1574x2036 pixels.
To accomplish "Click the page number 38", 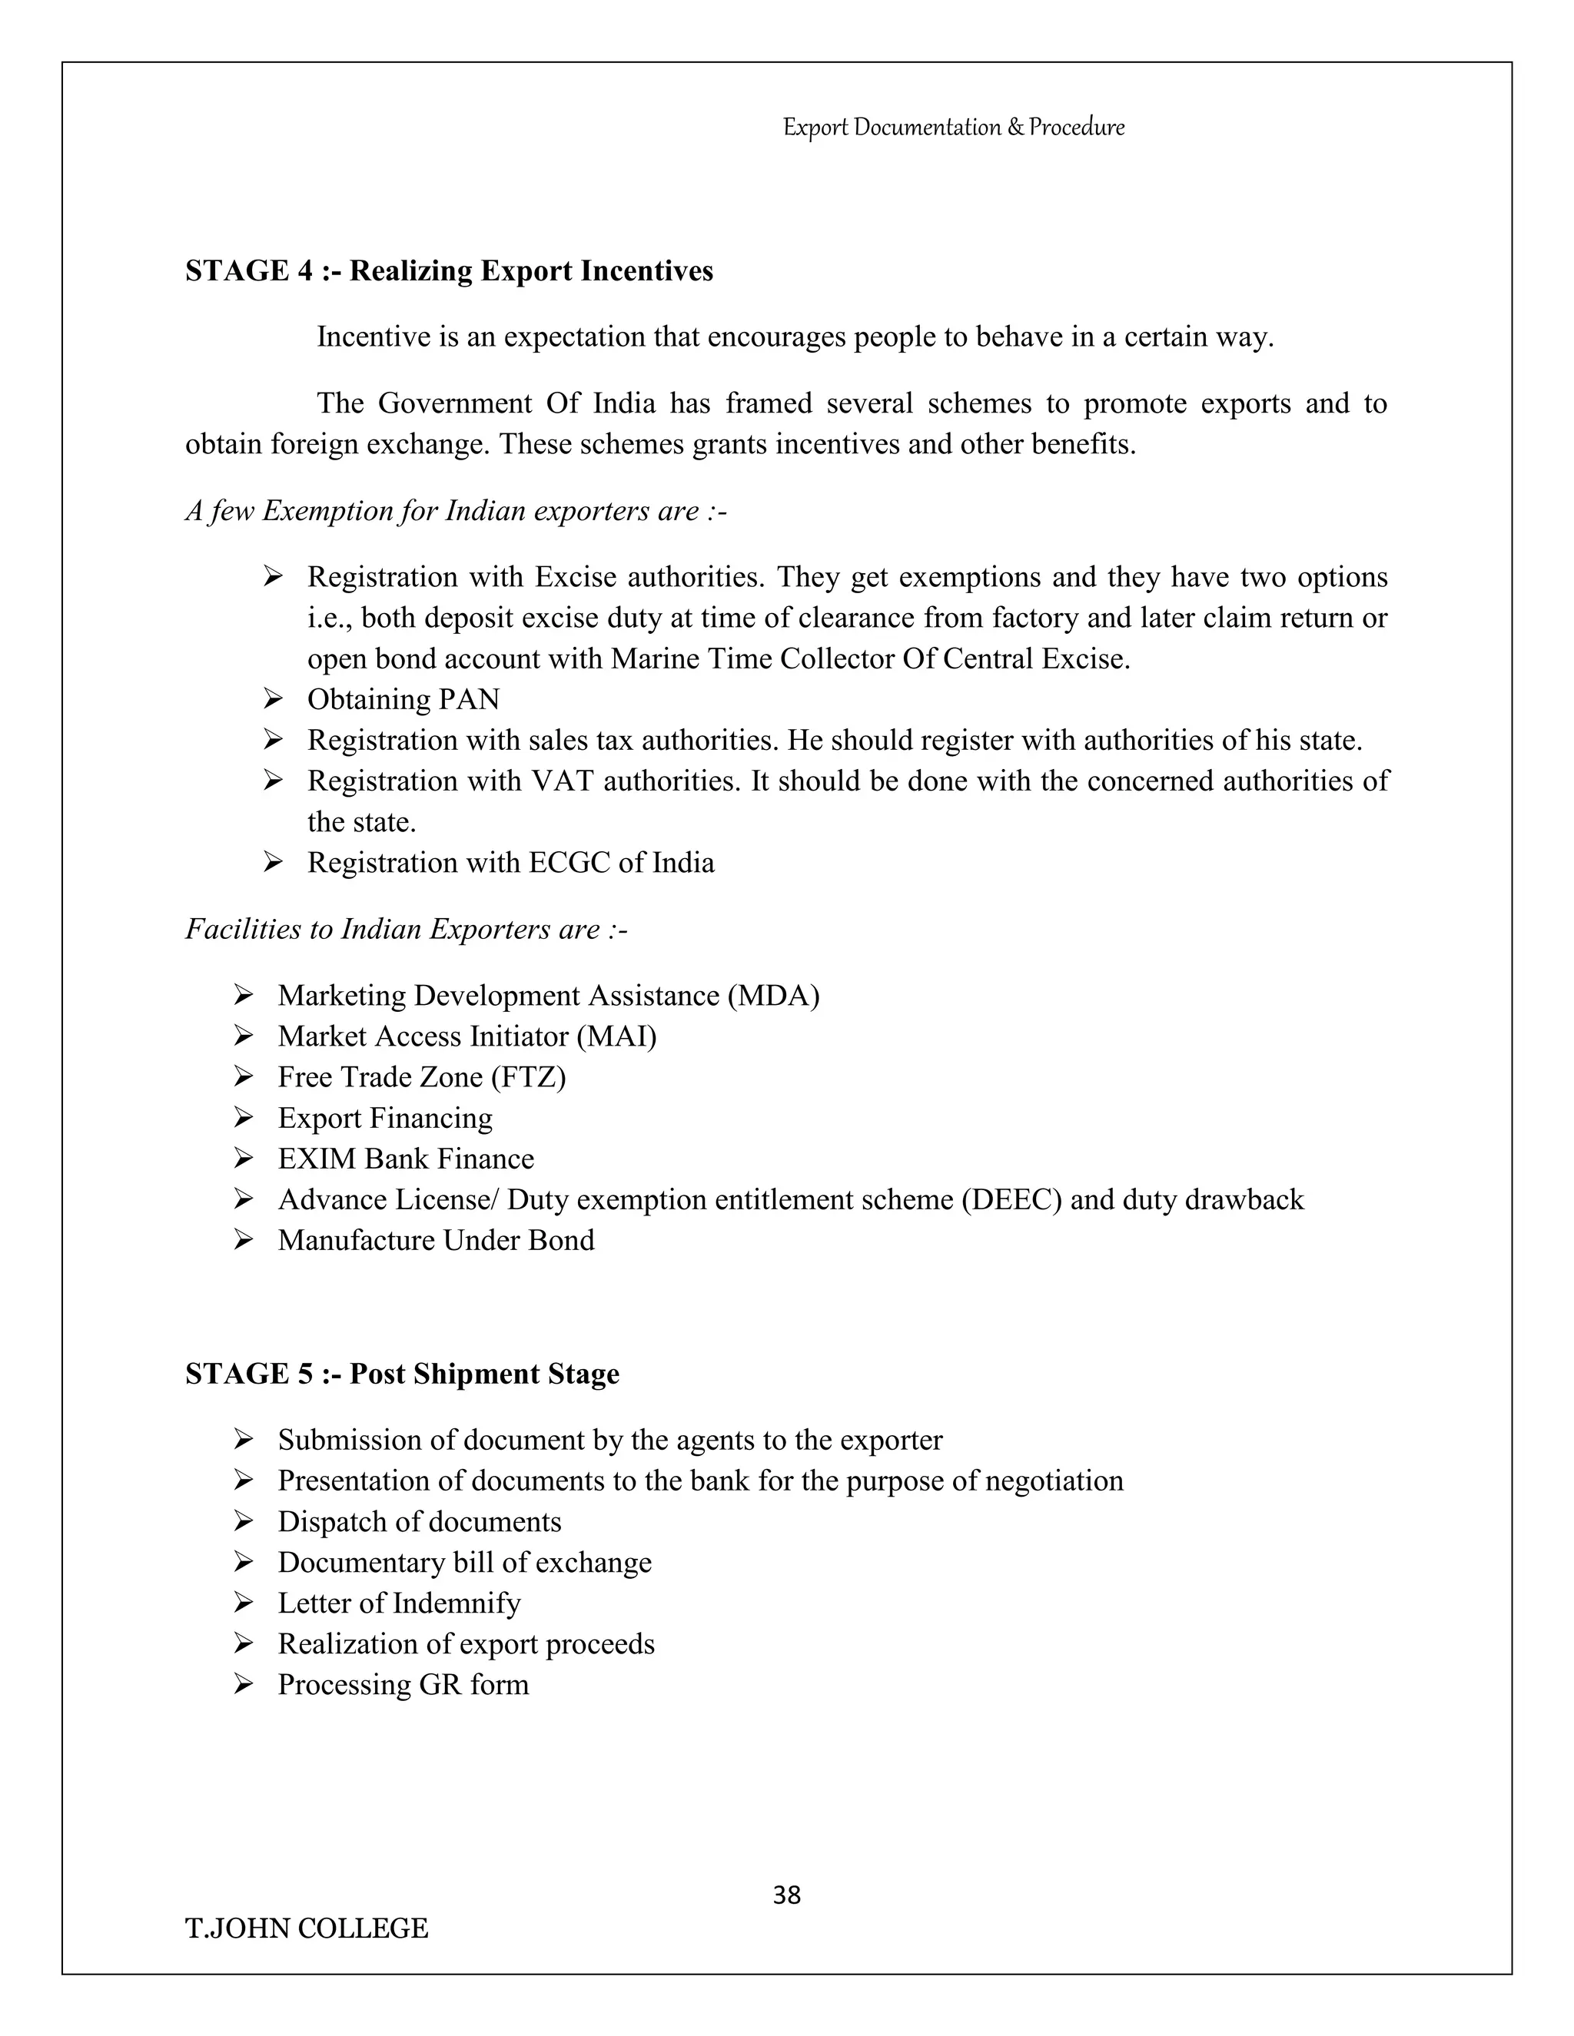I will click(786, 1895).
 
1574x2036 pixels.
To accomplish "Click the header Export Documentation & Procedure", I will click(953, 127).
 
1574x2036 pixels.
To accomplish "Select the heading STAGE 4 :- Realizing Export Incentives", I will click(449, 270).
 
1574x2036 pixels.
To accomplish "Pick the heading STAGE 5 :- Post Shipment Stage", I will click(402, 1373).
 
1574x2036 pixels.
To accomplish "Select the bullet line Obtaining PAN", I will click(403, 699).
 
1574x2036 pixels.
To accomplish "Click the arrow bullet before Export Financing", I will click(244, 1117).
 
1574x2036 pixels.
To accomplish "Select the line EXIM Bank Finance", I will click(406, 1159).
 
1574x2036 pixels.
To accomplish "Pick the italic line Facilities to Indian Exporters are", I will click(406, 930).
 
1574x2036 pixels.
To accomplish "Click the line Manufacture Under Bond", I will click(436, 1240).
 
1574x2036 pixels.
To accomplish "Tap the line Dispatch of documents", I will click(419, 1521).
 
